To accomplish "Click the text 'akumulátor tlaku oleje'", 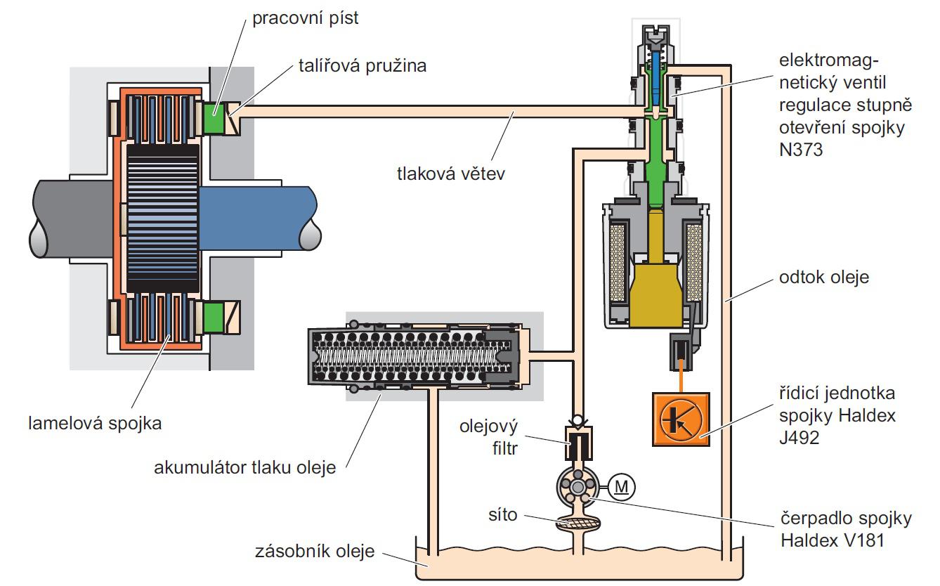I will pyautogui.click(x=244, y=467).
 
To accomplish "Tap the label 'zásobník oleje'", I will pyautogui.click(x=315, y=549).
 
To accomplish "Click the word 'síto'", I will pyautogui.click(x=503, y=515).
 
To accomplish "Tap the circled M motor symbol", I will pyautogui.click(x=621, y=486).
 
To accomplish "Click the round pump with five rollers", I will pyautogui.click(x=577, y=486).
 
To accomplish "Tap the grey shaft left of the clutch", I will pyautogui.click(x=70, y=218).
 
